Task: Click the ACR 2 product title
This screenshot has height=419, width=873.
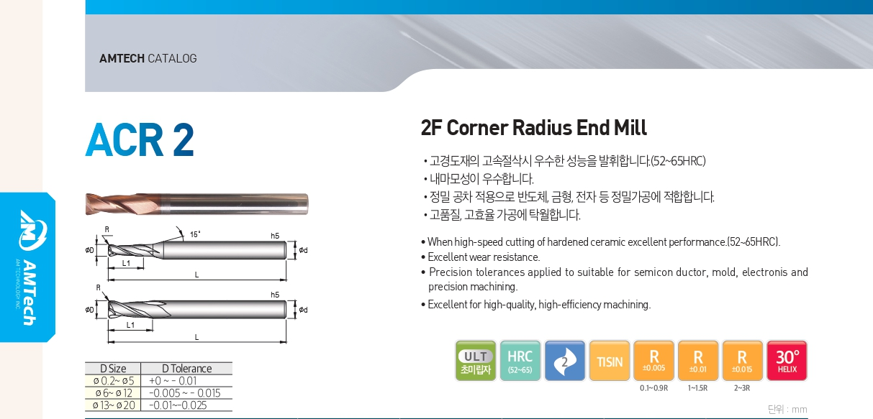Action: (140, 139)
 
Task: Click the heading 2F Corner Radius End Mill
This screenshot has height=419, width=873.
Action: (533, 128)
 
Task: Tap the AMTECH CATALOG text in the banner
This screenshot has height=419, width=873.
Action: (148, 58)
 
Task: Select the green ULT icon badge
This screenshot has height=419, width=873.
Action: (476, 361)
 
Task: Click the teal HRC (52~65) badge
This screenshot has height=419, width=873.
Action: (520, 361)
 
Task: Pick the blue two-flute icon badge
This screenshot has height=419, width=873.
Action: (565, 361)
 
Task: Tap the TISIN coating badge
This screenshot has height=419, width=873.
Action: (609, 361)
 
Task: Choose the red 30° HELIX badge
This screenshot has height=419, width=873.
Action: (787, 361)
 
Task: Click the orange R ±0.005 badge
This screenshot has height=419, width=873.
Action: (653, 361)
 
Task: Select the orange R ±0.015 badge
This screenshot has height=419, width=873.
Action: (743, 361)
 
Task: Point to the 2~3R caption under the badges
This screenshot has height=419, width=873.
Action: (742, 388)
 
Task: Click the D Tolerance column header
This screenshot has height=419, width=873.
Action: (186, 369)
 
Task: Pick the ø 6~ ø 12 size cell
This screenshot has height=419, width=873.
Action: (114, 393)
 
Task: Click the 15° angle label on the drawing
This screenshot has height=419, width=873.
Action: (195, 234)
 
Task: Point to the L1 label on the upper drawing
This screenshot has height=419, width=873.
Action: (126, 263)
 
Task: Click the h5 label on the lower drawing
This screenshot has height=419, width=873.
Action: (275, 295)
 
